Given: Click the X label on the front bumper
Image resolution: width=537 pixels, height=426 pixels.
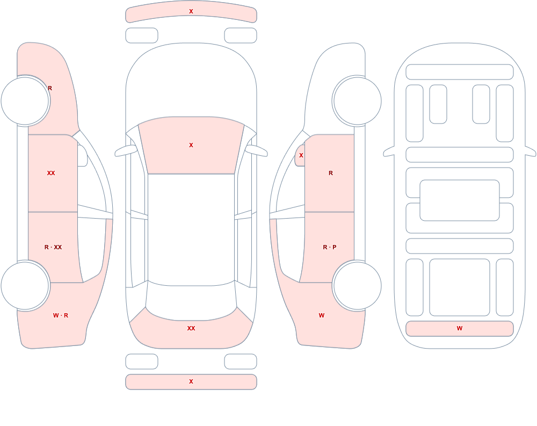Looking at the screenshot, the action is coord(191,11).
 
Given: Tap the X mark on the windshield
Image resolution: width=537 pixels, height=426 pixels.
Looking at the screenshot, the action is coord(191,145).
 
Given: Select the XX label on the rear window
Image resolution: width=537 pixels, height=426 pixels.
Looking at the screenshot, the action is coord(191,328).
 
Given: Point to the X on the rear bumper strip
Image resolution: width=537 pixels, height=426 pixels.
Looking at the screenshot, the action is coord(191,381).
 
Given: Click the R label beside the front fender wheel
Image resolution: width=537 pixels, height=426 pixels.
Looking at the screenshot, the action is coord(50,88).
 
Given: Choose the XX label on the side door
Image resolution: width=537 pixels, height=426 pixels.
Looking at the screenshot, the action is coord(51,173).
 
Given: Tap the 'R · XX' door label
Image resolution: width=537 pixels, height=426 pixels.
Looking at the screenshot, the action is coord(53,247).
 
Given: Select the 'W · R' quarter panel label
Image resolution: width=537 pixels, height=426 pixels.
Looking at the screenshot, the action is coord(61,315).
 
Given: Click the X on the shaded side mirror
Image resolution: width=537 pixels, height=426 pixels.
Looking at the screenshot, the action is coord(301,155).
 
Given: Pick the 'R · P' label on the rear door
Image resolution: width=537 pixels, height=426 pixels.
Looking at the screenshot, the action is coord(330,247).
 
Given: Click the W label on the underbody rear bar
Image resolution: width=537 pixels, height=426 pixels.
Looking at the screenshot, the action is coord(460,328).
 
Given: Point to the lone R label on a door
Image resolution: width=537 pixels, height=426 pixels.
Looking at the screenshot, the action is coord(331,173).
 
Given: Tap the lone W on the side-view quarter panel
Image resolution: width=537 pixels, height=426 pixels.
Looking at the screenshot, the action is coord(322,315).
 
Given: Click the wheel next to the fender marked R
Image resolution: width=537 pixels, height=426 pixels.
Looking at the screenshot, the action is coord(25,101).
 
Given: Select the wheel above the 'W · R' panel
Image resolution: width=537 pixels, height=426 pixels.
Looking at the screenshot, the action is coord(25,285).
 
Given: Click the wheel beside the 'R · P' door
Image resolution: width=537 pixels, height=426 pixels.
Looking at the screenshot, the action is coord(357,285).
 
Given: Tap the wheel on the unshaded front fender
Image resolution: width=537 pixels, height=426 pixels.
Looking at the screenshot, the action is coord(357,101).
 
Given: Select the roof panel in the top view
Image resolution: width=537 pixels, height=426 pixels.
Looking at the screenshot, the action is coord(191,229).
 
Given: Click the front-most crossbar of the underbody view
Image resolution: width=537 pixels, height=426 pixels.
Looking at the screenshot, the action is coord(460,72).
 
